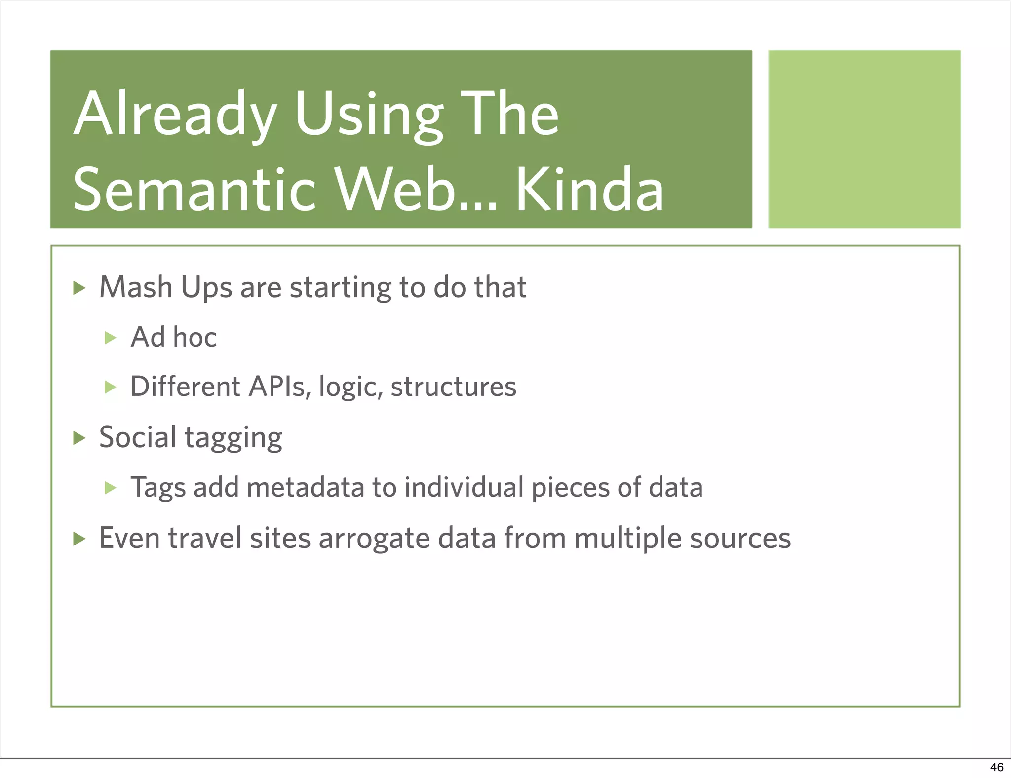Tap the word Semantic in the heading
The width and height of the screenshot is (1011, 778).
coord(194,190)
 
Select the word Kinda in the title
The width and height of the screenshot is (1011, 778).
coord(589,190)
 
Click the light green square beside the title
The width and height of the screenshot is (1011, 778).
coord(864,139)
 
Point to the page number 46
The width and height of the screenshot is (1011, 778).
coord(996,767)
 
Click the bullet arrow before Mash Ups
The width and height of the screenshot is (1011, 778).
coord(79,288)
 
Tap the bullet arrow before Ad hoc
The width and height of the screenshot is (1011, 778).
coord(111,338)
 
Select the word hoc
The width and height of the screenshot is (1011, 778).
coord(194,338)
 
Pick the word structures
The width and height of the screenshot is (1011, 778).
coord(453,387)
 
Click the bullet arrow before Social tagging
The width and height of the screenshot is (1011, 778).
coord(79,438)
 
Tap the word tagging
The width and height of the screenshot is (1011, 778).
coord(233,438)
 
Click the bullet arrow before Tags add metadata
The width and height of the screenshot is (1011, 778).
coord(111,488)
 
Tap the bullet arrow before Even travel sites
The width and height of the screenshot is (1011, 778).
coord(79,539)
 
